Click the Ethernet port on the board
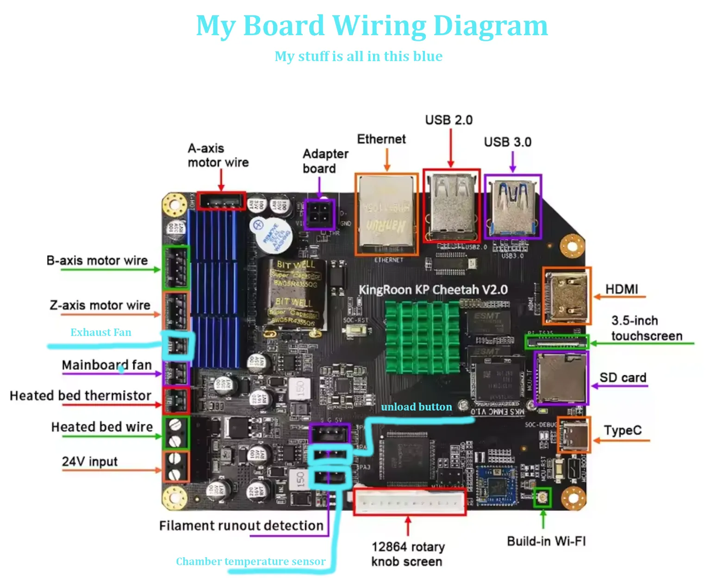[386, 215]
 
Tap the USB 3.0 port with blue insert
[512, 207]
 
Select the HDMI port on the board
[567, 296]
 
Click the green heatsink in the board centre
[422, 337]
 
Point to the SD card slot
[561, 378]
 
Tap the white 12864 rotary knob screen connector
[410, 501]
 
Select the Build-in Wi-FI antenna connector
[542, 497]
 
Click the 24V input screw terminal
[175, 466]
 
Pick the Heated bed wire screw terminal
[175, 432]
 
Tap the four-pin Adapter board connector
[320, 214]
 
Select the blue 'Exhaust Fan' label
[101, 332]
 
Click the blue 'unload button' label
[416, 407]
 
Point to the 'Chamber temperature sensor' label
[250, 561]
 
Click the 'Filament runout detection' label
[241, 526]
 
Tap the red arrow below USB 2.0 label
[450, 148]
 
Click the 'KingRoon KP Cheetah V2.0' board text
[433, 290]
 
